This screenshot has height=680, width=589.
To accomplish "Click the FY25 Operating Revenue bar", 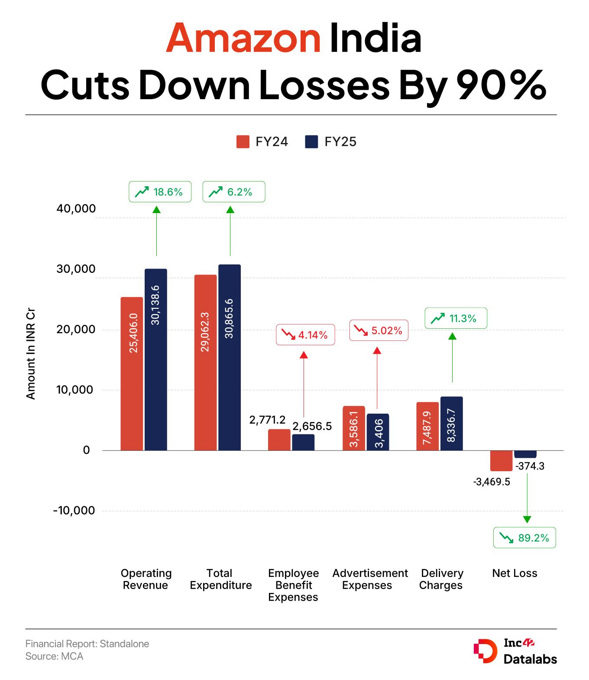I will tap(155, 359).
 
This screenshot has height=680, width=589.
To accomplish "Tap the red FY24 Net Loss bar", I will tap(501, 461).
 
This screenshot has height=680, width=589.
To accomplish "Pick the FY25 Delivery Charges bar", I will tap(452, 423).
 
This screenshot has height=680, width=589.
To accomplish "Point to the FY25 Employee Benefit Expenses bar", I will tap(303, 442).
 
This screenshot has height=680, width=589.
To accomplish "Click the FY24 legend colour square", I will tap(243, 142).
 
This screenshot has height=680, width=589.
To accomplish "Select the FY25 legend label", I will tap(340, 142).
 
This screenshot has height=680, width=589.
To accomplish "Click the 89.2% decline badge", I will tap(524, 538).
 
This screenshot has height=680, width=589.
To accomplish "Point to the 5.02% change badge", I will tap(379, 331).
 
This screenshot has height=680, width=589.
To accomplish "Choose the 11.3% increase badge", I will tap(456, 318).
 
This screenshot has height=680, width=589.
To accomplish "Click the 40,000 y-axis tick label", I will tap(76, 209).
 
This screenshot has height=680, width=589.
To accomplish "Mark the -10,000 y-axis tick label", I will tap(74, 511).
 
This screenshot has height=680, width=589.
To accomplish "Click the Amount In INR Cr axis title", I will tap(31, 353).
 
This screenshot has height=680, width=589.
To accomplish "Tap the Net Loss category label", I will tap(515, 573).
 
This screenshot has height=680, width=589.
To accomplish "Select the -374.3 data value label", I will tap(530, 466).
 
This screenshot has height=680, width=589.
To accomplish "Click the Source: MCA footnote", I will tap(54, 656).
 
